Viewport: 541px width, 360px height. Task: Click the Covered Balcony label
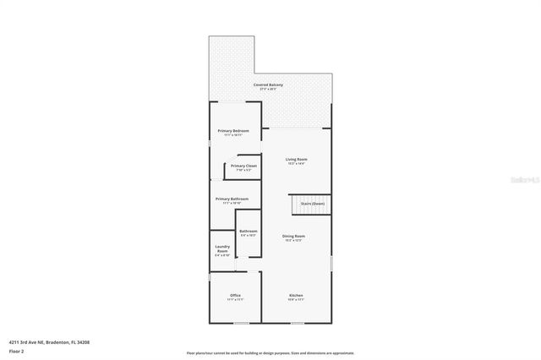click(x=268, y=85)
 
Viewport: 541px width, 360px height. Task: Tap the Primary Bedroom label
click(x=232, y=131)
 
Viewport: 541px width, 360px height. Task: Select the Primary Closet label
click(x=243, y=166)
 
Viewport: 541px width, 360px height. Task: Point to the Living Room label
click(x=296, y=159)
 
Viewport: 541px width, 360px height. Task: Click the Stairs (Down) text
click(x=312, y=204)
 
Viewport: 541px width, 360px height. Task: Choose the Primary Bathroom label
click(x=232, y=199)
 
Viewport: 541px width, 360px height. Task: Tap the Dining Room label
click(x=294, y=236)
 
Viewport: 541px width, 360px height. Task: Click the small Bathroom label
click(x=249, y=231)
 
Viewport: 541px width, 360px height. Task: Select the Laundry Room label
click(x=222, y=248)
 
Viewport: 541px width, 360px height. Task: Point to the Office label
click(x=235, y=295)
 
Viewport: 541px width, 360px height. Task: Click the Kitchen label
click(x=296, y=295)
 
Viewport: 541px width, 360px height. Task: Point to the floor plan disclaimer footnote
click(x=270, y=353)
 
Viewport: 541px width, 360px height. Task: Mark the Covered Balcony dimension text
click(x=268, y=90)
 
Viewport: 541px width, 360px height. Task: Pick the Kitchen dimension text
click(x=296, y=299)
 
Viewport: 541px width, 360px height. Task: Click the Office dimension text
click(x=235, y=299)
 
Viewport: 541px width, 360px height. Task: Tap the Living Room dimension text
click(x=296, y=163)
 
